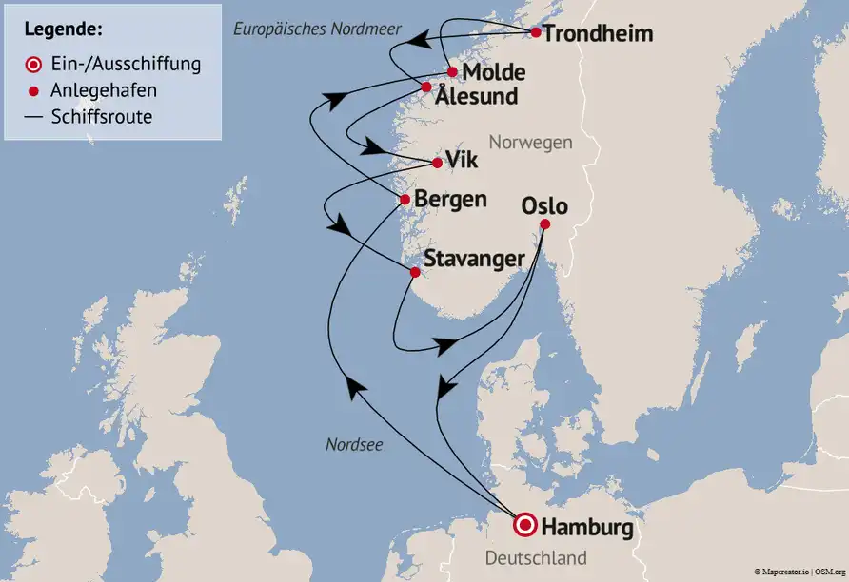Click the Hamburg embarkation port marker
click(x=523, y=525)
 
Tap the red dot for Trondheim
click(x=536, y=33)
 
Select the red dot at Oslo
click(x=544, y=224)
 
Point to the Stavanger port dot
click(x=415, y=272)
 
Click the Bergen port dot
click(x=405, y=200)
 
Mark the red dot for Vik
click(x=437, y=163)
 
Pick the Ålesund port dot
click(x=426, y=87)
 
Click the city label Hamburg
click(x=588, y=525)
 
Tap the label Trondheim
click(x=600, y=34)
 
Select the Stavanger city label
click(x=474, y=259)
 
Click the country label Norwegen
click(x=530, y=143)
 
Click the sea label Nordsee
click(x=354, y=444)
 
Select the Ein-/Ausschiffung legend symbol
click(x=34, y=65)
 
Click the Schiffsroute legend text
click(x=102, y=117)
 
